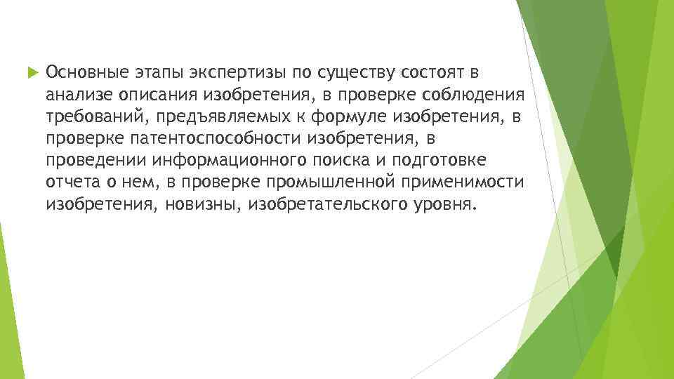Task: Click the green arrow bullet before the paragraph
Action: coord(29,72)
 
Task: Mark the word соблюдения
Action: coord(483,95)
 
